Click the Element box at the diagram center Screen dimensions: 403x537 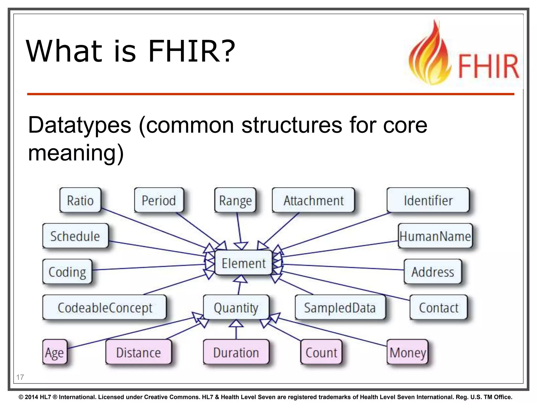243,263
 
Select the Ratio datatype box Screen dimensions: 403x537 80,200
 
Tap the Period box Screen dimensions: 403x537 159,200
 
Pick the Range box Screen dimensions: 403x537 235,200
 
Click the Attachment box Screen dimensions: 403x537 313,200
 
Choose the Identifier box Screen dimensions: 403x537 428,200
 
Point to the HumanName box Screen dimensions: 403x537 435,236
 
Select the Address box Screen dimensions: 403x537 433,272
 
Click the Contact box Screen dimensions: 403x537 438,307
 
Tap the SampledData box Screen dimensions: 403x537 340,307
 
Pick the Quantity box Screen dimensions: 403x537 236,307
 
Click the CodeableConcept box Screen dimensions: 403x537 105,307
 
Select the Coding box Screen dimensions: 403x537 67,272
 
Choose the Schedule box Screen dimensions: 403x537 75,236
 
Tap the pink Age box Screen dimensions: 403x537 55,352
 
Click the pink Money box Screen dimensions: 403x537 407,352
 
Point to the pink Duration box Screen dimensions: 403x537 236,352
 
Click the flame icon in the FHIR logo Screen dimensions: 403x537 430,55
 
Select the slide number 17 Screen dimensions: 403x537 20,377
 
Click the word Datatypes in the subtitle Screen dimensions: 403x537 79,125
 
